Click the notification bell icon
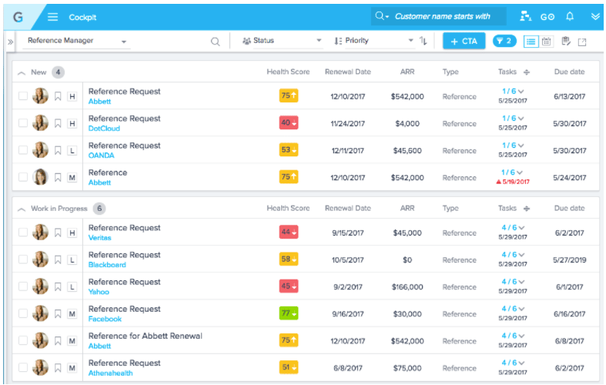570,16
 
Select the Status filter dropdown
281,41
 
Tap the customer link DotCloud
104,129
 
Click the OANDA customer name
101,156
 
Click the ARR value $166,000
407,286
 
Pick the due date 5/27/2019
570,259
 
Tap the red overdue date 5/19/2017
514,182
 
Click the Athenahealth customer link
112,373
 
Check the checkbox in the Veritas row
23,233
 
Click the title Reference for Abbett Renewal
145,336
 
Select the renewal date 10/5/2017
347,259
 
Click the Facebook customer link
105,319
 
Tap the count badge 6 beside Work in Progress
99,209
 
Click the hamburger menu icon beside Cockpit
53,17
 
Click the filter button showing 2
504,41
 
